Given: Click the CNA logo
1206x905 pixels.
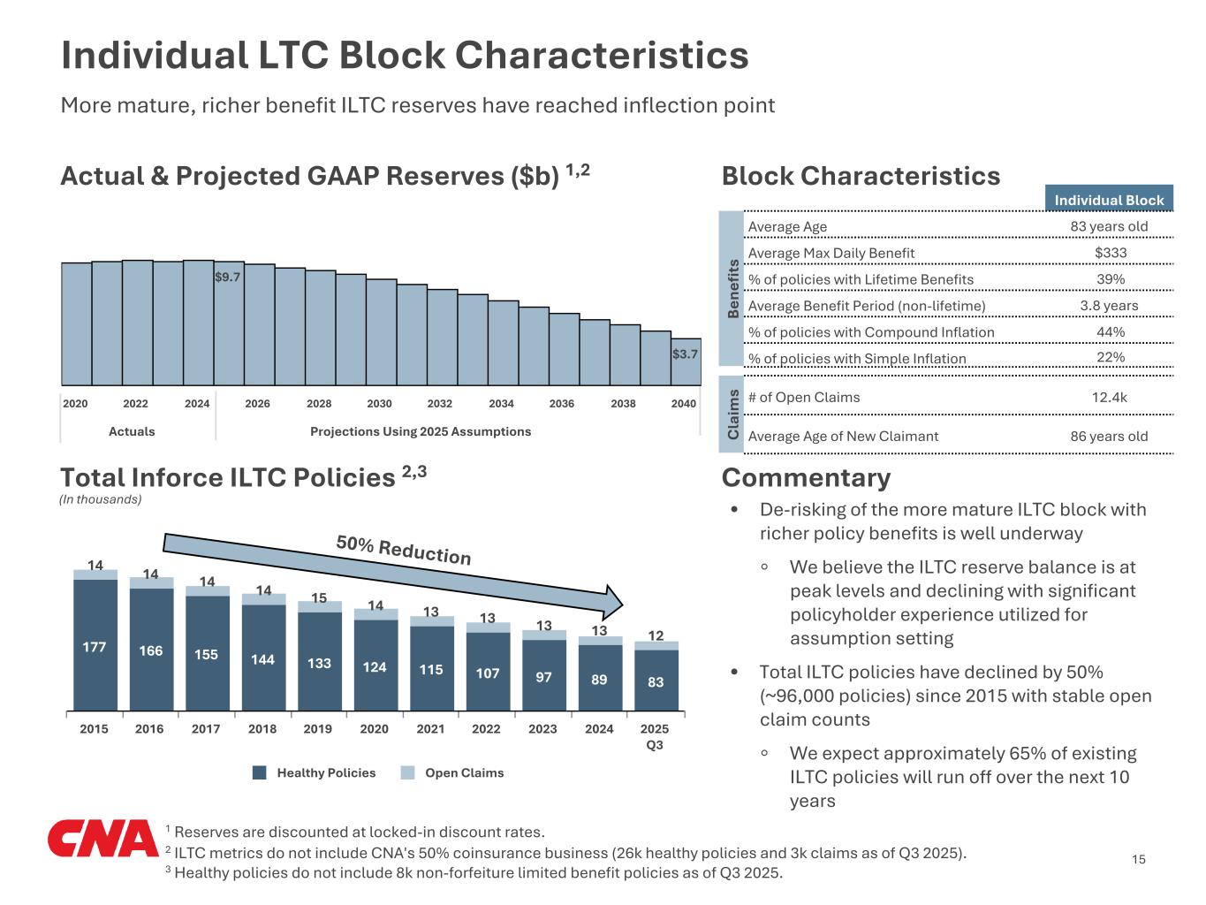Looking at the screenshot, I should pyautogui.click(x=102, y=839).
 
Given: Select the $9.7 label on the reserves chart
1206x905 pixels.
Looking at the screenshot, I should pyautogui.click(x=228, y=277).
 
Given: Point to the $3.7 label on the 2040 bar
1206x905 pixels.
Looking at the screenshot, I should pyautogui.click(x=685, y=354).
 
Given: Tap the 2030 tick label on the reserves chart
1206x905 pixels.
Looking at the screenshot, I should pyautogui.click(x=379, y=404).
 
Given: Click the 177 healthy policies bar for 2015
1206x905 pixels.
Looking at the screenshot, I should pyautogui.click(x=95, y=646).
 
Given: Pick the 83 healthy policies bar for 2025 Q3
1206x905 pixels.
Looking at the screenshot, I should pyautogui.click(x=656, y=681).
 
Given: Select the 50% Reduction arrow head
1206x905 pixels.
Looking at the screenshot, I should pyautogui.click(x=612, y=600).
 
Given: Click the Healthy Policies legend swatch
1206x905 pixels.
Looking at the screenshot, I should pyautogui.click(x=260, y=772).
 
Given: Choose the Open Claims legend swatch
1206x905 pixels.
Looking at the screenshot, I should pyautogui.click(x=407, y=772).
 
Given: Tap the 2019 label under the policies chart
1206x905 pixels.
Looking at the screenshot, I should pyautogui.click(x=318, y=729).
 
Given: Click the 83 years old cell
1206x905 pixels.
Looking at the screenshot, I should pyautogui.click(x=1109, y=226).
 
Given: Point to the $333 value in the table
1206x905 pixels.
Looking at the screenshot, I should pyautogui.click(x=1110, y=253).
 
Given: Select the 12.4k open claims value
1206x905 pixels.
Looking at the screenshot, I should pyautogui.click(x=1109, y=397).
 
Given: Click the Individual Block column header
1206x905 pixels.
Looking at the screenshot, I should pyautogui.click(x=1109, y=200).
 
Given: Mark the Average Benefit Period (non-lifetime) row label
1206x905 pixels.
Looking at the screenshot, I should pyautogui.click(x=866, y=306).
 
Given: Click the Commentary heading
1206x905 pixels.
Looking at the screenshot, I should pyautogui.click(x=806, y=477).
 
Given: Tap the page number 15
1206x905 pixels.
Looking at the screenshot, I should pyautogui.click(x=1138, y=859).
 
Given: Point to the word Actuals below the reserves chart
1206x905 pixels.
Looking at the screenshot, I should pyautogui.click(x=132, y=431).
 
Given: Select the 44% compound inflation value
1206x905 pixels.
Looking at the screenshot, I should pyautogui.click(x=1110, y=331).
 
